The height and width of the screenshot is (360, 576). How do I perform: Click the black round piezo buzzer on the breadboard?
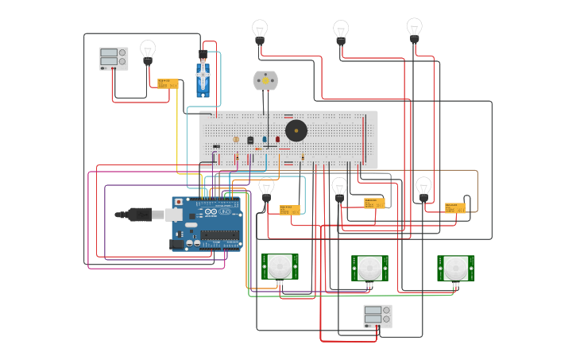(296, 130)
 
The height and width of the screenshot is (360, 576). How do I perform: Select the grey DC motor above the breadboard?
(265, 80)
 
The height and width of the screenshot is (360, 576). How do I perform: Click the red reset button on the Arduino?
(179, 202)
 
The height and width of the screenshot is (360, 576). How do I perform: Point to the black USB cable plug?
(139, 215)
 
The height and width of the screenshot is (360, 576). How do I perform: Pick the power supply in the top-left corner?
(113, 58)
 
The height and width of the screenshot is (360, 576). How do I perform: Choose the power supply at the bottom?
(377, 316)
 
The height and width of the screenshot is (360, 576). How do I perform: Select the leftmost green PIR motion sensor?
(280, 267)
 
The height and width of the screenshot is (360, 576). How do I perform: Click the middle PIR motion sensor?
(369, 268)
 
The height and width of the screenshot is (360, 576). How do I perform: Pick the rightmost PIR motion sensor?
(455, 268)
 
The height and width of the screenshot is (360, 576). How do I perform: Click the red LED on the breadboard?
(277, 139)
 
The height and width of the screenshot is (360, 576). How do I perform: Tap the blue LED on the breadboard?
(265, 139)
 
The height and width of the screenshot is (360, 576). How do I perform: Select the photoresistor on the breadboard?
(236, 139)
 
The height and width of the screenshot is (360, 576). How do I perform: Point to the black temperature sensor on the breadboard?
(250, 140)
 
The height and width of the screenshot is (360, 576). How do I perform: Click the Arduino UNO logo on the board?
(217, 212)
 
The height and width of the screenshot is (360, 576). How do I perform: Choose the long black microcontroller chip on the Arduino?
(220, 234)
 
